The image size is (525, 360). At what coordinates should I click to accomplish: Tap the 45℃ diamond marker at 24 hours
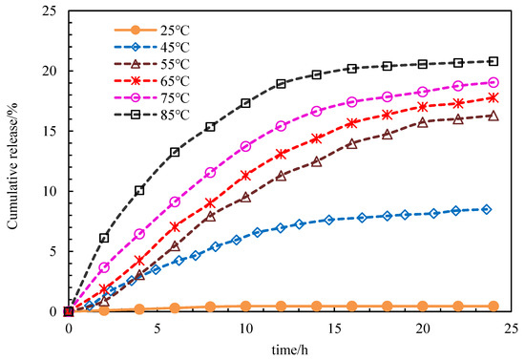(x=487, y=209)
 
